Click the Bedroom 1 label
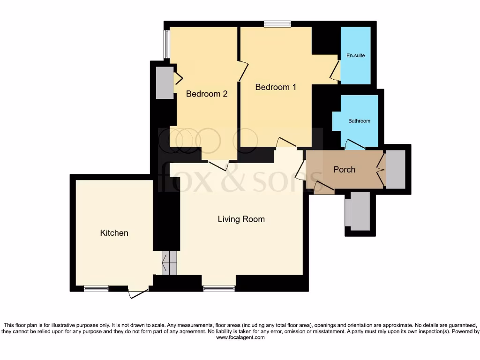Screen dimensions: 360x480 pos(276,87)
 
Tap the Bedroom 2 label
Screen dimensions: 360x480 pos(207,94)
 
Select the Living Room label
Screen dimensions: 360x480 pos(241,219)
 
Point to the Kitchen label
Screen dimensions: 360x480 pos(114,233)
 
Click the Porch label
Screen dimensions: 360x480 pos(344,170)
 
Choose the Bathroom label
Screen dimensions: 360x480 pos(359,121)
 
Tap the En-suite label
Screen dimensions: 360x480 pos(355,56)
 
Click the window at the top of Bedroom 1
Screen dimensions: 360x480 pos(277,24)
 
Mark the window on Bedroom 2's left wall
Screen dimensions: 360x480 pos(166,45)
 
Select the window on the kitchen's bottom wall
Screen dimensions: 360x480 pos(96,289)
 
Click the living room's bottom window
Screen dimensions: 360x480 pos(219,289)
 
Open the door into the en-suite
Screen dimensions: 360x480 pos(335,70)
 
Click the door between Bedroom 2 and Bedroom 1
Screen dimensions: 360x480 pos(242,71)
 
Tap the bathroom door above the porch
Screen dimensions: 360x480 pos(355,145)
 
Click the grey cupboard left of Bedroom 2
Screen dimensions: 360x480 pos(165,82)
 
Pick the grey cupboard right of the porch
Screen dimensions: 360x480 pos(395,169)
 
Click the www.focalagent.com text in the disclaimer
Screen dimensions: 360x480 pos(240,337)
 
